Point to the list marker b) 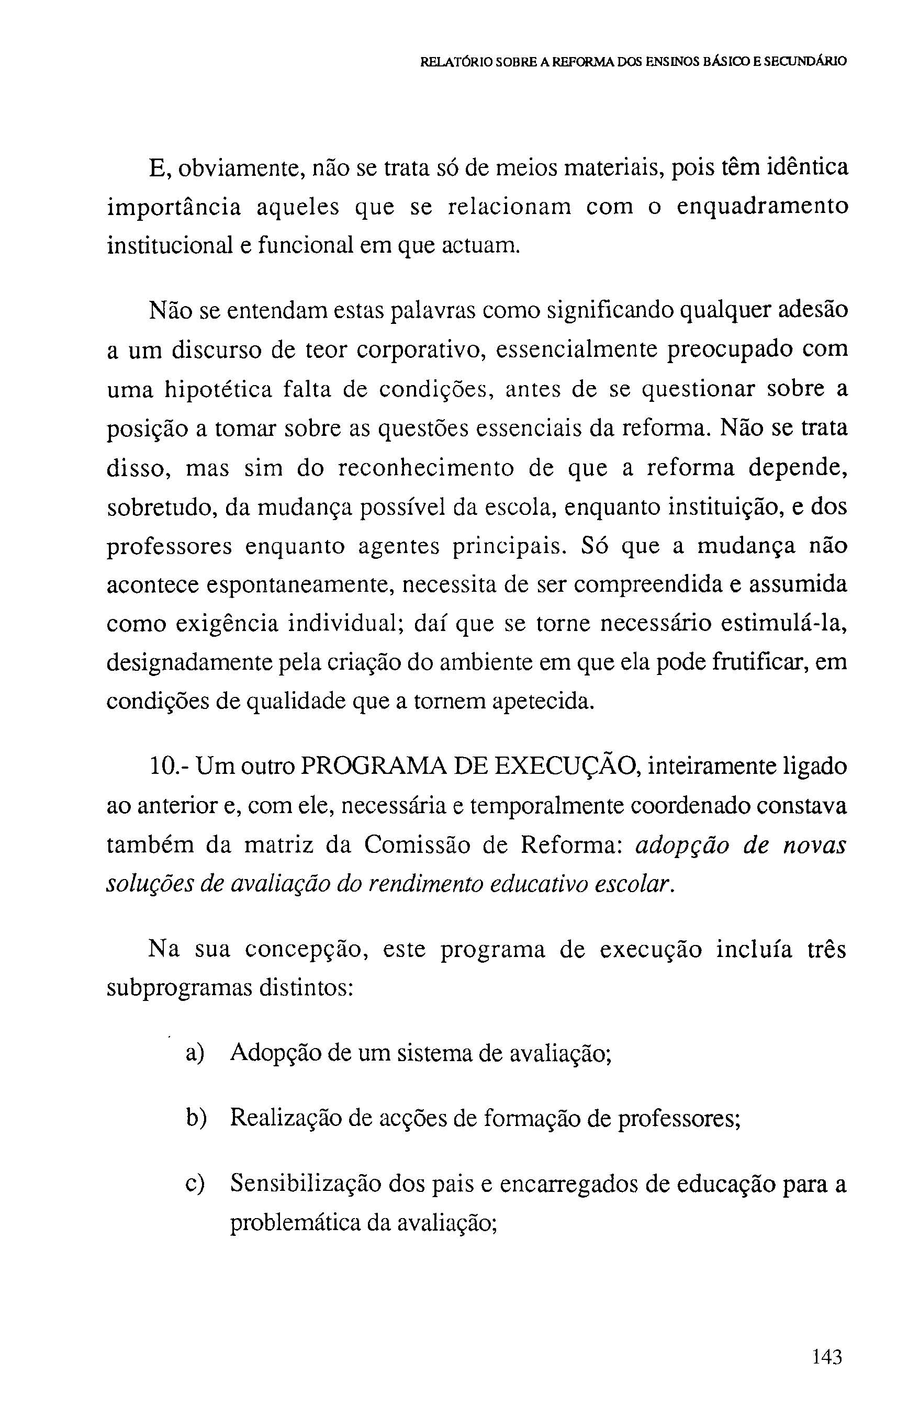(x=195, y=1118)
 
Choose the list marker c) (x=194, y=1184)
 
